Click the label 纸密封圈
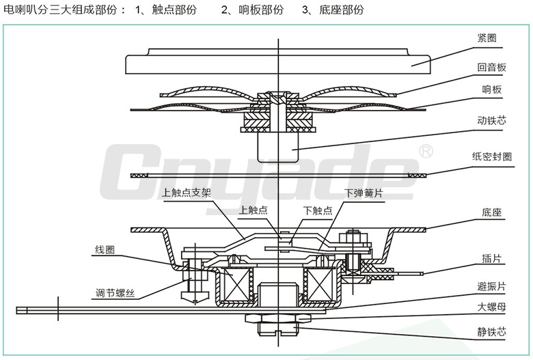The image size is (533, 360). point(491,156)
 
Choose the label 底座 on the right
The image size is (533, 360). point(487,212)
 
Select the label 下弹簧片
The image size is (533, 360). point(364,193)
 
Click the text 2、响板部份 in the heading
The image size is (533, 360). point(252,10)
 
